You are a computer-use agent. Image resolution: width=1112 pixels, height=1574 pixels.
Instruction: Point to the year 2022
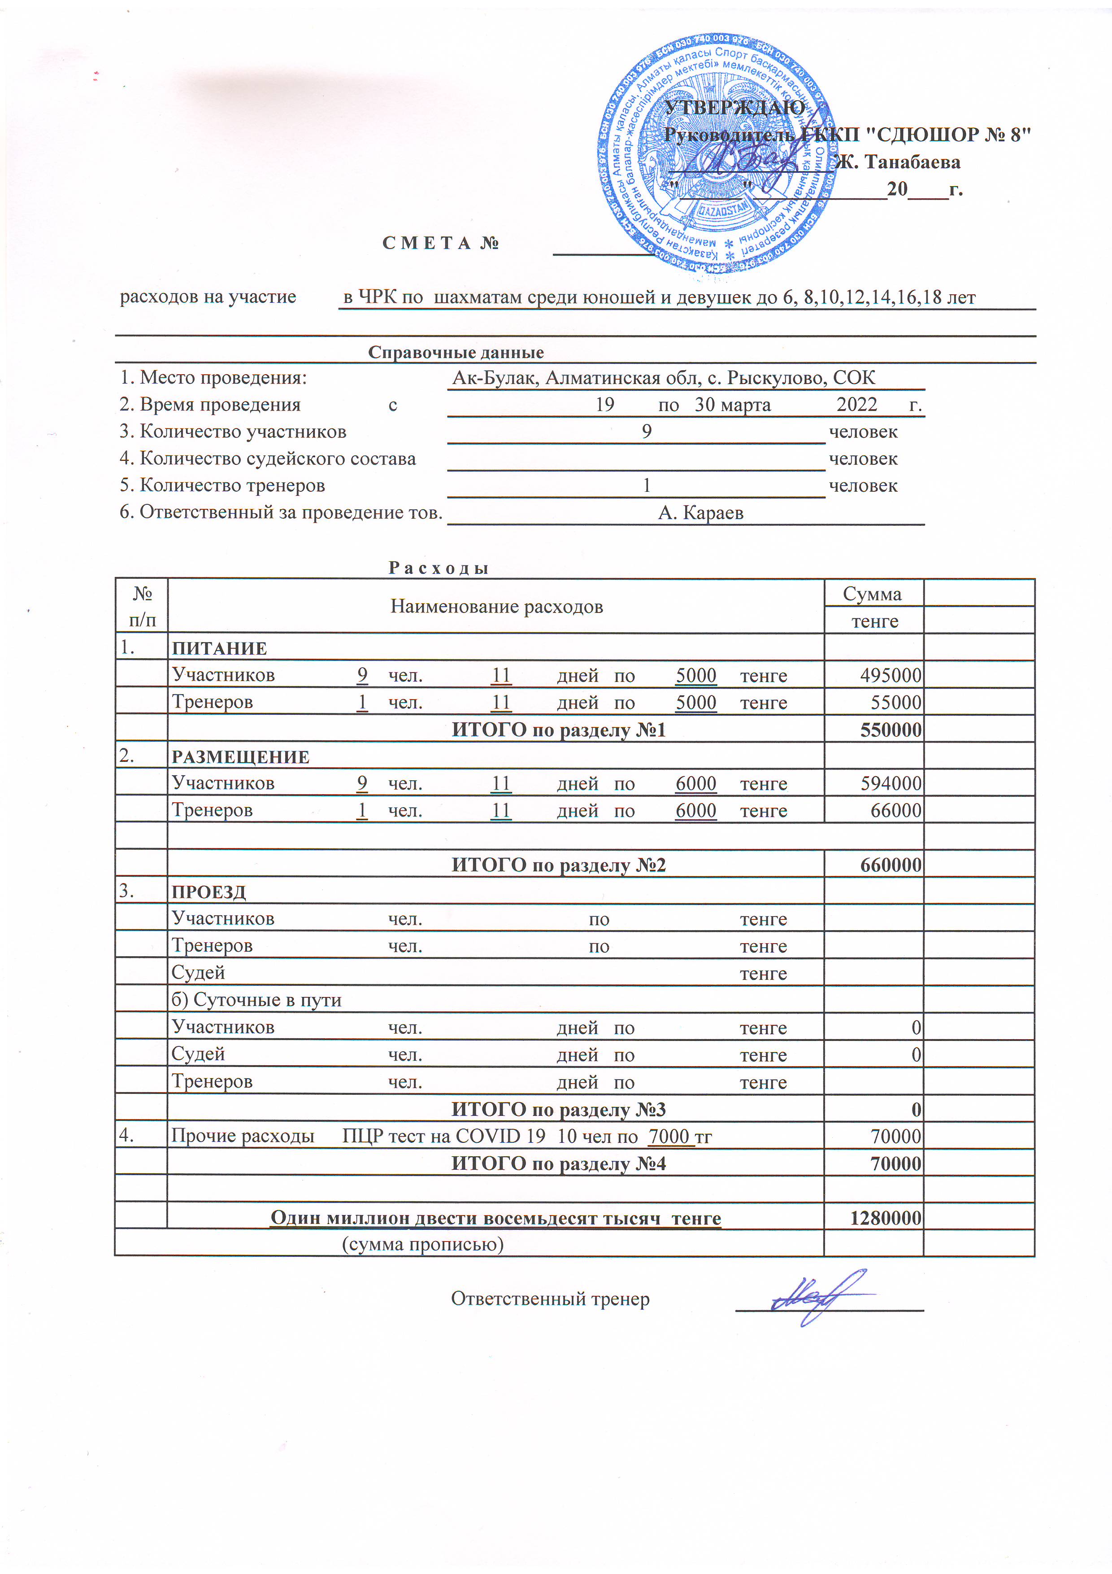856,404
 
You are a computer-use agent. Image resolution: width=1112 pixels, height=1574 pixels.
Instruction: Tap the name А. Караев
700,513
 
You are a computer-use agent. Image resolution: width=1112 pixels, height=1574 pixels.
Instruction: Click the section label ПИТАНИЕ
219,648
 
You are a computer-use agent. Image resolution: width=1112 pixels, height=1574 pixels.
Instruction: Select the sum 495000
890,675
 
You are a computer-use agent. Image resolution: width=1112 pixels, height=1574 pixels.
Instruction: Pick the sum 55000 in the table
895,702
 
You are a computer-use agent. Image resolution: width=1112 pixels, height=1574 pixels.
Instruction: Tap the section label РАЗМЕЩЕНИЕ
240,757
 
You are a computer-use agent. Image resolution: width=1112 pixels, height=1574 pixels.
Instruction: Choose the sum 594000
890,783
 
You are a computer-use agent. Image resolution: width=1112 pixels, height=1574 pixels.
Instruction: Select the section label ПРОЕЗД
208,892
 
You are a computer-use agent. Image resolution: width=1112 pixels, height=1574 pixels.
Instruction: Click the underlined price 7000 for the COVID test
668,1136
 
